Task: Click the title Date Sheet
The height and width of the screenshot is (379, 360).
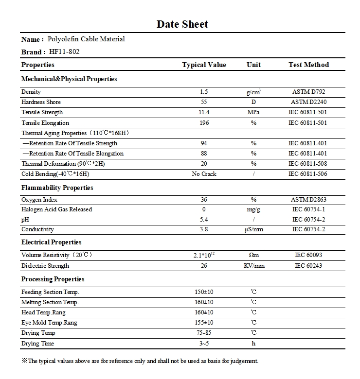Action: tap(182, 24)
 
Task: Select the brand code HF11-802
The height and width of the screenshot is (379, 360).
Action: tap(64, 52)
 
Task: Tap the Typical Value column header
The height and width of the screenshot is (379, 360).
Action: tap(204, 65)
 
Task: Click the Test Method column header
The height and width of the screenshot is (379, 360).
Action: tap(308, 65)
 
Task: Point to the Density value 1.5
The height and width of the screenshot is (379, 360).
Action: tap(204, 92)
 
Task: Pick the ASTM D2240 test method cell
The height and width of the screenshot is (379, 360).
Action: tap(308, 102)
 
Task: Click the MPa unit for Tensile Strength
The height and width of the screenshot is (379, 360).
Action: tap(253, 112)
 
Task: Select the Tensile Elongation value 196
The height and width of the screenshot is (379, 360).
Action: tap(204, 123)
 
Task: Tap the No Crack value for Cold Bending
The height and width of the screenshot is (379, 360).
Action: tap(204, 174)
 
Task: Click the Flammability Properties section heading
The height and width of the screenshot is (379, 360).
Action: tap(57, 188)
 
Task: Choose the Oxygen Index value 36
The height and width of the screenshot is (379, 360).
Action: tap(204, 200)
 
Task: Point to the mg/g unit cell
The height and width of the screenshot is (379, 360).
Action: tap(253, 209)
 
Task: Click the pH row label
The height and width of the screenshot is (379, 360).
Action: tap(25, 220)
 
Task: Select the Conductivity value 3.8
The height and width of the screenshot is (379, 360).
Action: tap(204, 229)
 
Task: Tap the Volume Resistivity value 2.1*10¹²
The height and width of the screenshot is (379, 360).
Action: tap(204, 255)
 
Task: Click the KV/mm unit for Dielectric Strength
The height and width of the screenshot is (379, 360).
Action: tap(253, 266)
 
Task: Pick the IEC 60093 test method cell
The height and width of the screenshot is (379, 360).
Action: tap(308, 255)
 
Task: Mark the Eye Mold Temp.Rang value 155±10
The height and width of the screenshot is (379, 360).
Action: tap(204, 323)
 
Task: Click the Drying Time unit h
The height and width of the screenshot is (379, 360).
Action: tap(253, 344)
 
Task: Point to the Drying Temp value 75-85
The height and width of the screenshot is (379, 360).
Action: tap(204, 333)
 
